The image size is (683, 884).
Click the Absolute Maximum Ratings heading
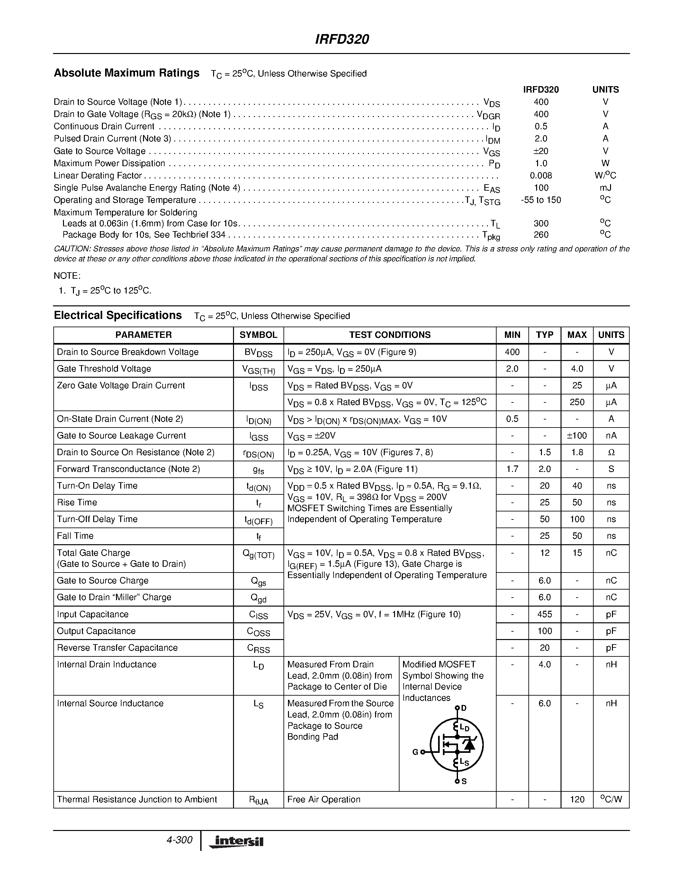click(126, 73)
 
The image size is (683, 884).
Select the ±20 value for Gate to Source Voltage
click(541, 151)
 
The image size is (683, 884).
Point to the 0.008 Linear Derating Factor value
click(541, 176)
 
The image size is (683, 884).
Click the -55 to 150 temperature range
click(541, 200)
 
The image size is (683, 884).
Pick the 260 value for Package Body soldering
click(541, 235)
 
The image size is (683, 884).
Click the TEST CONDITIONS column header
click(390, 335)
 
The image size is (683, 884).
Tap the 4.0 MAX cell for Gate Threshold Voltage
click(577, 369)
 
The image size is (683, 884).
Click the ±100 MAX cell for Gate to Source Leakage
click(577, 436)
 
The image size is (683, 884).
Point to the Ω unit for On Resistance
click(611, 453)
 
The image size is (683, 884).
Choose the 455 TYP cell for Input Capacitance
click(544, 614)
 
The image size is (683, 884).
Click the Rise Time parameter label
click(77, 503)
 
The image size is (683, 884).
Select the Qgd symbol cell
click(258, 598)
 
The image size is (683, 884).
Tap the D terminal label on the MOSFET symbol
click(464, 708)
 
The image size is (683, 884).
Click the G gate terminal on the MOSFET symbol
click(416, 752)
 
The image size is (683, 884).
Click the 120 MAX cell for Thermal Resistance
click(577, 800)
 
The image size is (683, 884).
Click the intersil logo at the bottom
click(236, 842)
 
